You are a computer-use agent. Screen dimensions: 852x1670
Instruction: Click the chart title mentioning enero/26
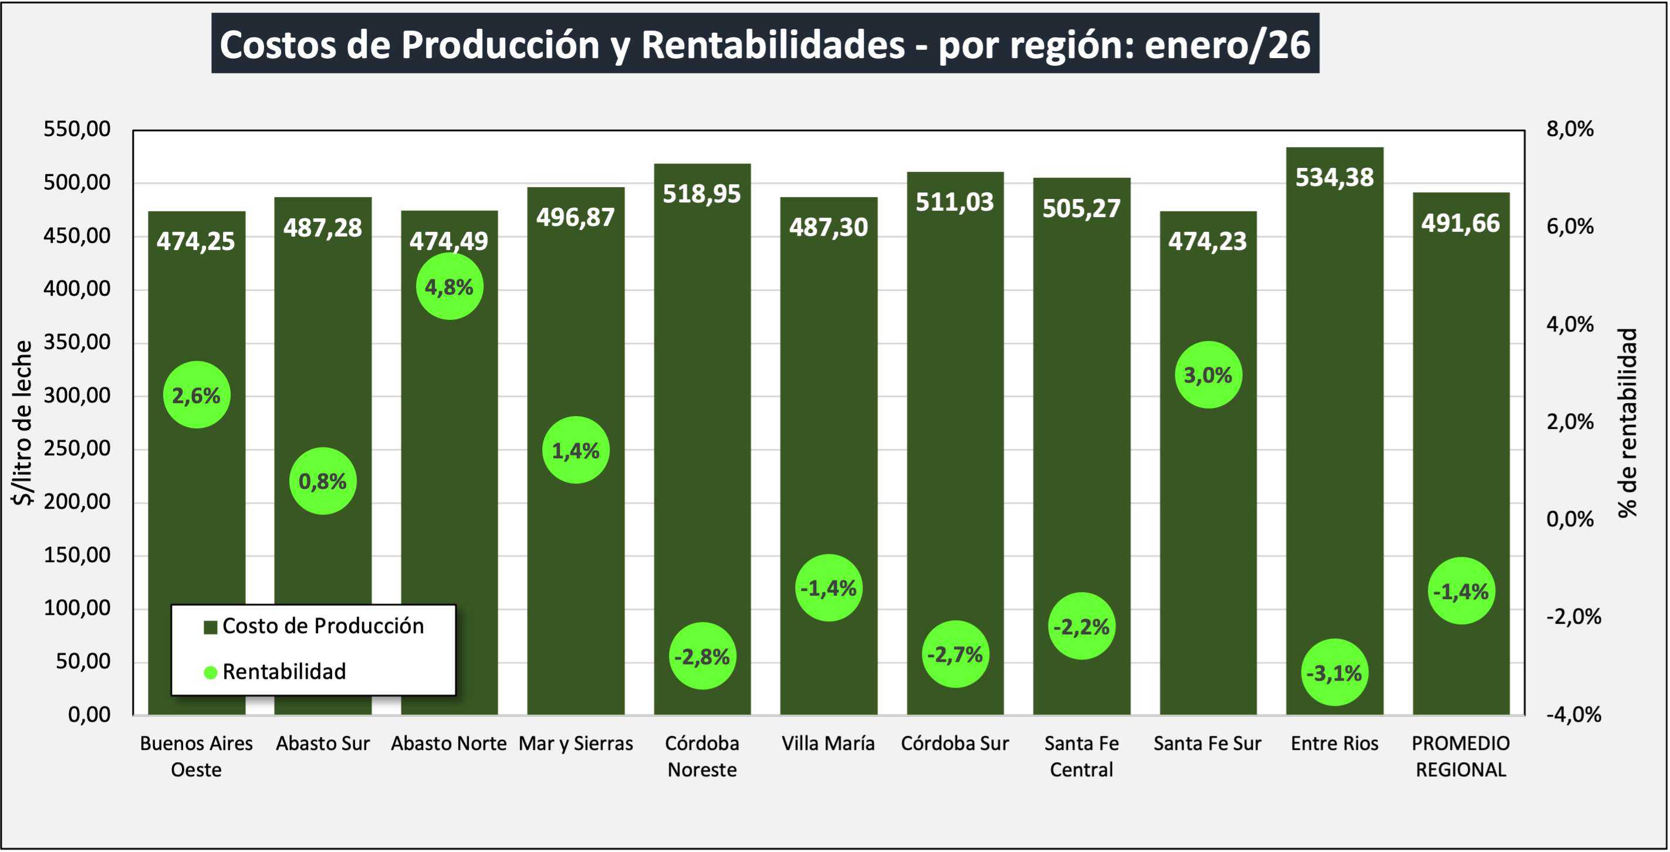(x=765, y=44)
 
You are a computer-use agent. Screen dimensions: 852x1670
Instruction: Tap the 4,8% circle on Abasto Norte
(x=449, y=286)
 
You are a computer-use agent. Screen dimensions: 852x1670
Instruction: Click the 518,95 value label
(x=701, y=194)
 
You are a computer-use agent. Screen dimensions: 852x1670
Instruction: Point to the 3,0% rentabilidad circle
(x=1208, y=375)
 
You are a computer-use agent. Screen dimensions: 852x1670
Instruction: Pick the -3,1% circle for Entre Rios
(x=1334, y=672)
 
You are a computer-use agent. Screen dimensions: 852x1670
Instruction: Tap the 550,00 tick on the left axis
(x=77, y=129)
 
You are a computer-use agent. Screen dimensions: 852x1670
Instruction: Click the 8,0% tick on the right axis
(x=1570, y=129)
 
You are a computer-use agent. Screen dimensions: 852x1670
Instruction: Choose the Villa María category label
(x=828, y=743)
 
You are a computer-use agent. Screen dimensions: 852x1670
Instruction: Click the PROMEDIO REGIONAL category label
(x=1461, y=756)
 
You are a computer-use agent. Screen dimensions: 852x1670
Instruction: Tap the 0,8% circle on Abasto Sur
(x=323, y=481)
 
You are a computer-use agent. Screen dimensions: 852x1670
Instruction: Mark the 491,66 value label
(x=1461, y=223)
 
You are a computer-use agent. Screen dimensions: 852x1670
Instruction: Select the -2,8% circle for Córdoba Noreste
(x=702, y=656)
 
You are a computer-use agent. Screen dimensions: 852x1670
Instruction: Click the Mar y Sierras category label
(x=576, y=743)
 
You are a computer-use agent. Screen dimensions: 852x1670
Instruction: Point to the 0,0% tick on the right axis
(x=1570, y=519)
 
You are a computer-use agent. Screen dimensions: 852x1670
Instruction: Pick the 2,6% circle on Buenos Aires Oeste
(x=197, y=395)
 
